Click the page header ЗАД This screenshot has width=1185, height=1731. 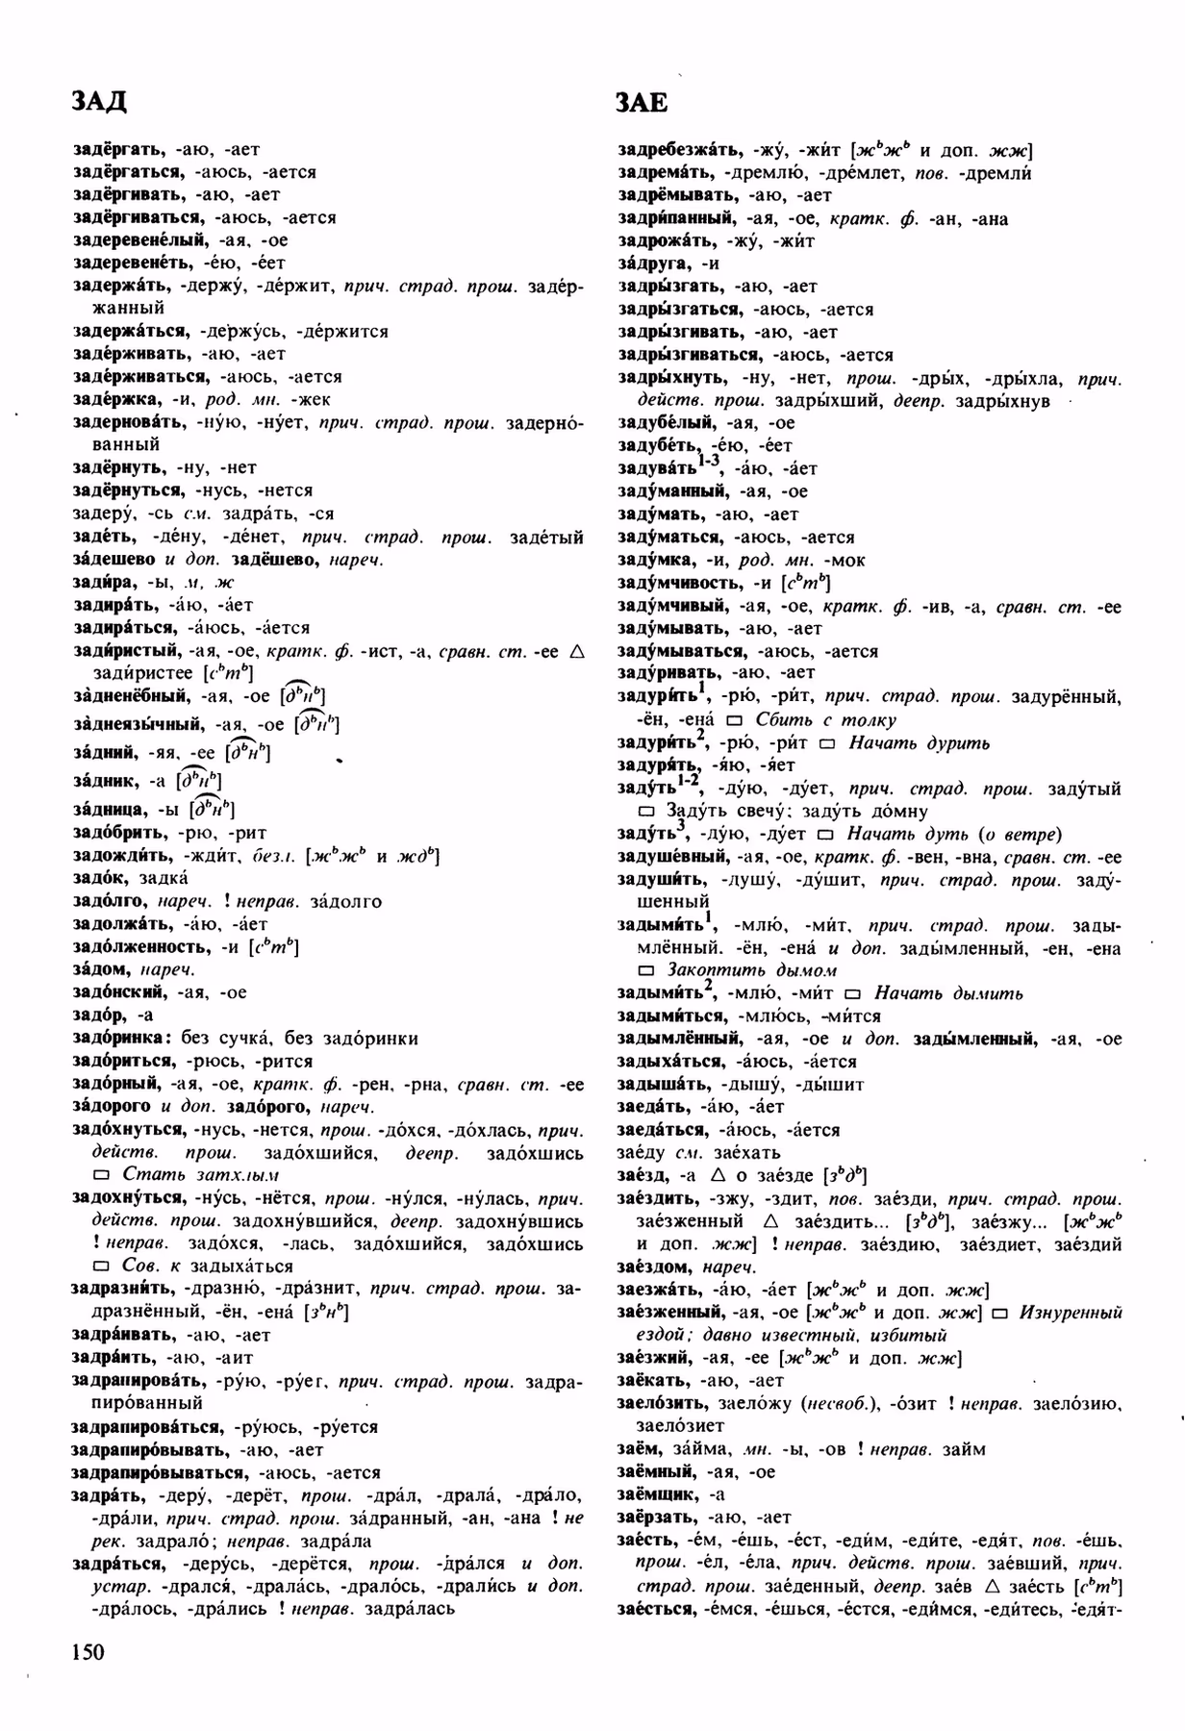pos(100,101)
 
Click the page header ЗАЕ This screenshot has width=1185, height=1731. pos(643,103)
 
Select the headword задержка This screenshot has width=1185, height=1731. pos(110,399)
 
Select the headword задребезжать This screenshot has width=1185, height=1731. pos(679,150)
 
